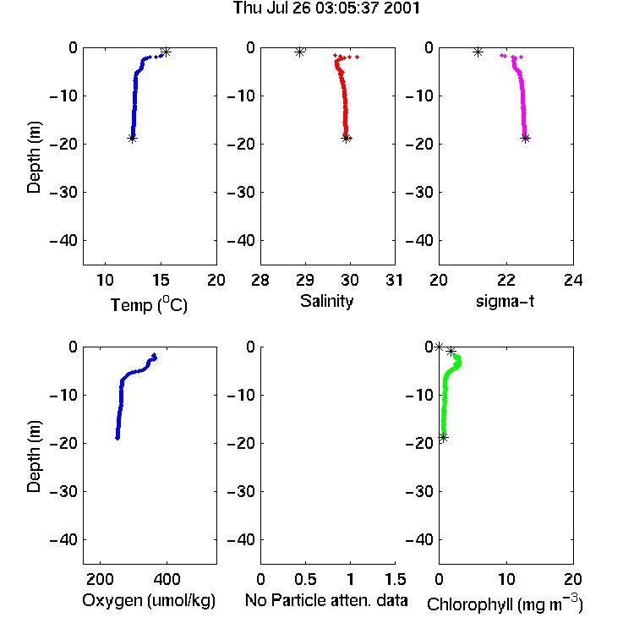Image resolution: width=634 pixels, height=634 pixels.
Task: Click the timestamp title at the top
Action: click(x=326, y=8)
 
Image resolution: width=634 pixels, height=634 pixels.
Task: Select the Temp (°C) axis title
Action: click(x=149, y=304)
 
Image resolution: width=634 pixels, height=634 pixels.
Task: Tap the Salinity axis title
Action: click(x=326, y=301)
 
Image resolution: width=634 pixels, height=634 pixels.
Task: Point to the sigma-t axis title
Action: click(x=505, y=301)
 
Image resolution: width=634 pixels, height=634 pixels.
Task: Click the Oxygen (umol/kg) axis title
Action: click(x=149, y=600)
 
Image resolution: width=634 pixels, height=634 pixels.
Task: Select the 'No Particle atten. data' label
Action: click(x=326, y=600)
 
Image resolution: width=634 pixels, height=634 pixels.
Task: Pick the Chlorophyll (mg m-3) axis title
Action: click(x=505, y=603)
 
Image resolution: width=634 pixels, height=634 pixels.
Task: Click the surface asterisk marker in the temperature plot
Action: click(x=166, y=52)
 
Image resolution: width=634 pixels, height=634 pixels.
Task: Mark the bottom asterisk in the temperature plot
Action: click(x=132, y=139)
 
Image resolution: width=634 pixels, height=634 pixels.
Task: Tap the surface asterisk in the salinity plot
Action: click(x=299, y=52)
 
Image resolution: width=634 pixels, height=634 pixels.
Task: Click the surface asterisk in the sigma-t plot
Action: click(x=478, y=52)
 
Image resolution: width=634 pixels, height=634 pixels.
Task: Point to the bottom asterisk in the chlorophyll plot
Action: click(x=443, y=438)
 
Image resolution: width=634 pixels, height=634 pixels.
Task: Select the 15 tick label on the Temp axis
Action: click(x=161, y=280)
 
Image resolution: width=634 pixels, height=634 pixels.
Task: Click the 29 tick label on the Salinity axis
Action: click(x=305, y=280)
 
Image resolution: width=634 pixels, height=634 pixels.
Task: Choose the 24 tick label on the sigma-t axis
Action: click(x=573, y=280)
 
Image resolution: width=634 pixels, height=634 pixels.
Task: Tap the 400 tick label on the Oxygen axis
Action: click(x=167, y=579)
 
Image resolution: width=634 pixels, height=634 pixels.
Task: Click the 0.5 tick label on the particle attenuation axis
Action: click(x=305, y=579)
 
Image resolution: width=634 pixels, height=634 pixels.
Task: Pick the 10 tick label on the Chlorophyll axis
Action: click(x=506, y=579)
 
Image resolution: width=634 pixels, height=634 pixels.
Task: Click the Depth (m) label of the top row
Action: click(x=34, y=157)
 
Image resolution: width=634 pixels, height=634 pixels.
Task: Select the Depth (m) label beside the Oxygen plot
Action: click(x=34, y=456)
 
